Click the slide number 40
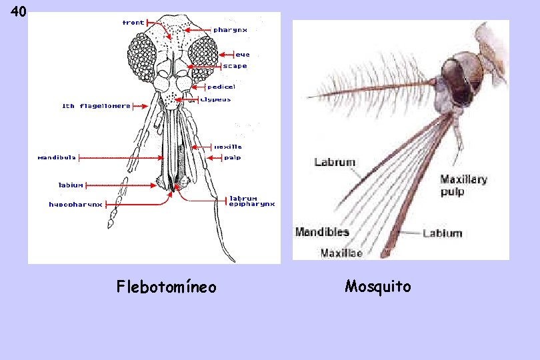point(19,12)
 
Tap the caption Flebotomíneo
point(166,287)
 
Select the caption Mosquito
point(378,287)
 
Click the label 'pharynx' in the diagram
point(230,30)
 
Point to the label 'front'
point(133,23)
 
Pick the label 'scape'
point(235,66)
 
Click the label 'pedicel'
point(221,87)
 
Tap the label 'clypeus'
point(216,99)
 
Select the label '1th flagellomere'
point(96,106)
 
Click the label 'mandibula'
point(56,158)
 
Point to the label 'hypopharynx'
point(75,205)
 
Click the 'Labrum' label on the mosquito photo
point(335,162)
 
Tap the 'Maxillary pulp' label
point(463,185)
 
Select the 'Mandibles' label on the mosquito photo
point(322,232)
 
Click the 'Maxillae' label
point(341,253)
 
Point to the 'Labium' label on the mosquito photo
point(442,233)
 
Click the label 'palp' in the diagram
point(232,158)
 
